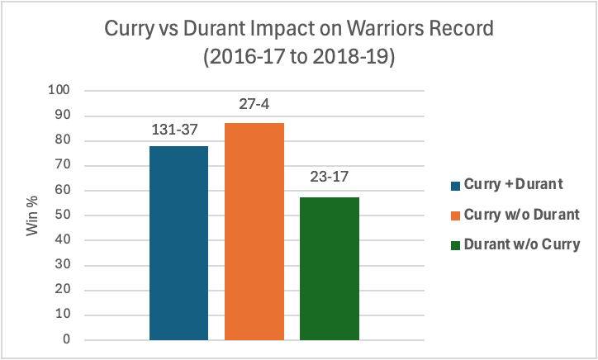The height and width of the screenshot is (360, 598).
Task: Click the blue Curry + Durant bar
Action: (x=178, y=243)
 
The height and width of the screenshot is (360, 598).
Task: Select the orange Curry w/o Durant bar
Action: (x=254, y=231)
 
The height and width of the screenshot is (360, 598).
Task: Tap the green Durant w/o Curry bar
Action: (x=330, y=268)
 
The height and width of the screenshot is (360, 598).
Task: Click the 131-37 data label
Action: (x=174, y=130)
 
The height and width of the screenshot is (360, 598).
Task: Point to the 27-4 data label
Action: (x=254, y=104)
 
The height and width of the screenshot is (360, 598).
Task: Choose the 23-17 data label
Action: (x=329, y=177)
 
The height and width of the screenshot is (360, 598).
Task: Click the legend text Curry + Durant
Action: (x=513, y=184)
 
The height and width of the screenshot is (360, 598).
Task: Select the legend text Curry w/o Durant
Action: (x=522, y=215)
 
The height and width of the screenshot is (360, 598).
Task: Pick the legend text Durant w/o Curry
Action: (x=522, y=244)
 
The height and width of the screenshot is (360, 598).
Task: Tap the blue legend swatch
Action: (x=455, y=186)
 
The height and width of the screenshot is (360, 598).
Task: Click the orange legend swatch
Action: (x=455, y=216)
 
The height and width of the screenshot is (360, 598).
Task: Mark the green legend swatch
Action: (x=455, y=245)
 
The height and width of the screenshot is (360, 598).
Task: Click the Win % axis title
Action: (x=32, y=216)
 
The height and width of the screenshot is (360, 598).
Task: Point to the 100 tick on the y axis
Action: (x=59, y=90)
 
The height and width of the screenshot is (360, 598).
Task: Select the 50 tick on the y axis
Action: (x=62, y=215)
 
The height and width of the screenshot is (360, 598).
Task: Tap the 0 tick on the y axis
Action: (x=66, y=339)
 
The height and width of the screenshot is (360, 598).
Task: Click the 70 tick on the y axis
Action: (x=62, y=165)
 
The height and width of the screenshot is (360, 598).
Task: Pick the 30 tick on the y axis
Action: (x=62, y=265)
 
